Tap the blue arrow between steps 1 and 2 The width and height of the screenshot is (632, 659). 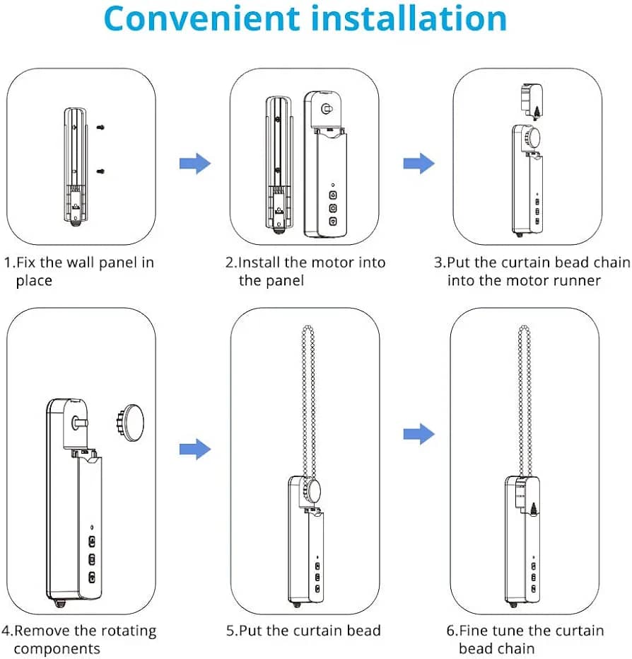[195, 164]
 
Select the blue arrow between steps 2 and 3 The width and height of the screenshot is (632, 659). [419, 164]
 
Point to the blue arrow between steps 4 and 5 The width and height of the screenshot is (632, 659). [195, 449]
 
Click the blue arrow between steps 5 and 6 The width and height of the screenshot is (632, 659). [419, 434]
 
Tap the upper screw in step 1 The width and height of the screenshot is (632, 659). [100, 127]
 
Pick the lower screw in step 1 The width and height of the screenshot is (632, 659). [100, 171]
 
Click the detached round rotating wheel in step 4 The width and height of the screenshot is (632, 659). [129, 423]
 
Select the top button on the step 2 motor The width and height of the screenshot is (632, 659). [333, 195]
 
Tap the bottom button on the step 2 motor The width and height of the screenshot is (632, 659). [333, 221]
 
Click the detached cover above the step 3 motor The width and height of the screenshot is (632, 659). [532, 101]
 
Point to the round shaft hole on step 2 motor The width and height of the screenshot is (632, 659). [326, 109]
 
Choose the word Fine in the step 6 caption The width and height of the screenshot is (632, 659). [474, 631]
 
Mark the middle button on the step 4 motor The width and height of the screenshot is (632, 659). [92, 559]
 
